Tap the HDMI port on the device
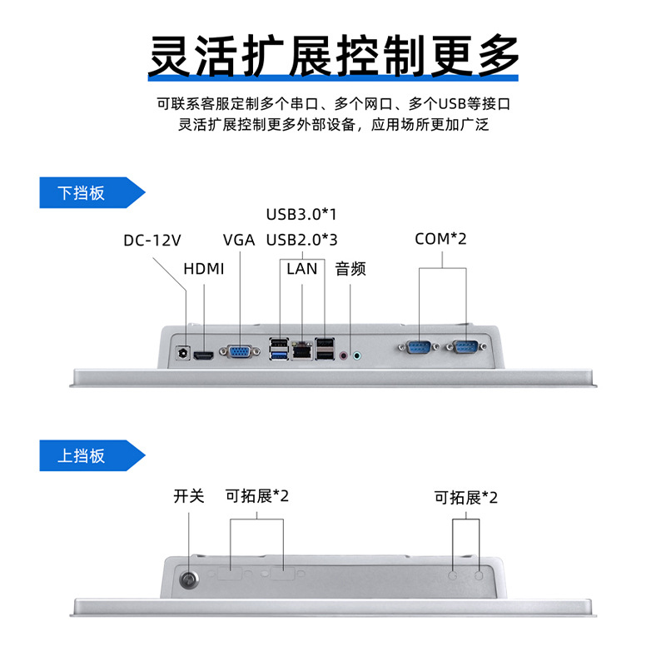click(x=203, y=355)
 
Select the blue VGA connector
click(x=239, y=353)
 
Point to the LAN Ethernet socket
click(x=302, y=350)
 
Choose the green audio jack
click(x=359, y=355)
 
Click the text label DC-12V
click(x=152, y=241)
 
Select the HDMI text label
click(x=204, y=269)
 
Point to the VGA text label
click(x=239, y=241)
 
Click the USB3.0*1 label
click(x=301, y=214)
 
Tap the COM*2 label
click(x=441, y=239)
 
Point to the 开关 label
click(x=189, y=496)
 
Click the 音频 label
click(x=350, y=268)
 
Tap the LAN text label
click(x=302, y=268)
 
